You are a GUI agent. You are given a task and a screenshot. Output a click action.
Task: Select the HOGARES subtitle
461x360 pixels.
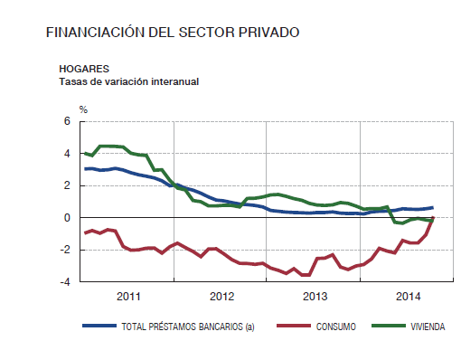84,69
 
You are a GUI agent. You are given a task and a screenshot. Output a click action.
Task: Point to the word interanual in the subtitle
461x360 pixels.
171,81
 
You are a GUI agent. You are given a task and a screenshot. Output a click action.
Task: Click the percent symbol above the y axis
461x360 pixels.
83,109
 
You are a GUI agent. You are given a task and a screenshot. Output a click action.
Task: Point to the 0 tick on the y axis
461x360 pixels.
68,218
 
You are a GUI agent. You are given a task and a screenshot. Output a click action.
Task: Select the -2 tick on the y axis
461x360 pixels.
66,250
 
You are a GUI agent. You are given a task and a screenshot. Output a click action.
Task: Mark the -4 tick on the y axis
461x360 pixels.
66,282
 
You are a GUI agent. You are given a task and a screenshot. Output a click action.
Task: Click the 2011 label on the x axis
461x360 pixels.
127,296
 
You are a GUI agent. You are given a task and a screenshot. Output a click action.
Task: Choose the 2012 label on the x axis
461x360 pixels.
221,296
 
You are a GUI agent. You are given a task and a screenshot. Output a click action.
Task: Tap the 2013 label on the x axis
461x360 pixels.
315,296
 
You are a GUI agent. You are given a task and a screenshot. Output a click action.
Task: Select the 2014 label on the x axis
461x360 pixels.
409,296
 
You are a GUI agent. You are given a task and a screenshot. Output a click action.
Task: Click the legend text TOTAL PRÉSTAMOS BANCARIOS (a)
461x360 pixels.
187,327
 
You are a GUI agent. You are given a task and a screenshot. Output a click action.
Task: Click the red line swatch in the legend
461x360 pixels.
291,327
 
